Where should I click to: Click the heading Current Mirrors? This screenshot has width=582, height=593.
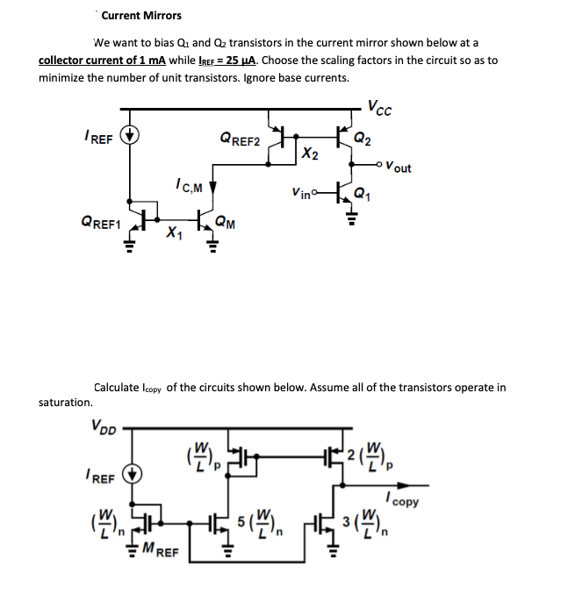tap(141, 15)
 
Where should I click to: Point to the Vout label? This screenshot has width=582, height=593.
tap(396, 168)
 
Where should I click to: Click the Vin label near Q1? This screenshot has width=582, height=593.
tap(300, 193)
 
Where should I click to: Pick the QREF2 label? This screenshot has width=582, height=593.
tap(240, 139)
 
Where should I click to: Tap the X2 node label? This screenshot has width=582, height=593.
tap(309, 154)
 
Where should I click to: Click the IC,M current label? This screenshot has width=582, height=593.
tap(188, 186)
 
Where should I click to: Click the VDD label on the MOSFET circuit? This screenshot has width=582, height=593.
tap(104, 427)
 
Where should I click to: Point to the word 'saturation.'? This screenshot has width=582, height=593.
tap(66, 402)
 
